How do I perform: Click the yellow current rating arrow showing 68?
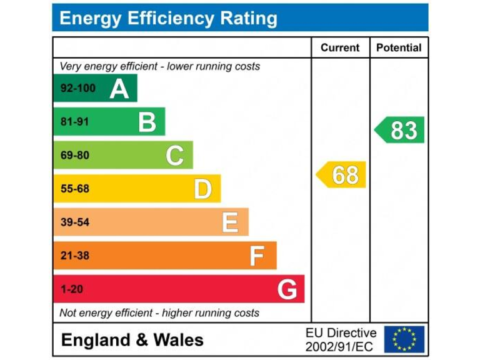342,175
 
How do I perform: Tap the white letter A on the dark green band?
119,89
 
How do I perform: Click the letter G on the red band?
287,289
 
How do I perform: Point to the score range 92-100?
78,88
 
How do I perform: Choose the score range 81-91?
74,122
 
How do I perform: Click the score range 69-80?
74,155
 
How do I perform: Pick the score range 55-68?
74,189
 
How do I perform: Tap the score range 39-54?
74,222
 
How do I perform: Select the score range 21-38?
74,256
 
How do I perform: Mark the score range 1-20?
72,289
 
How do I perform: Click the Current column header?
340,47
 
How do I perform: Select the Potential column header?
399,47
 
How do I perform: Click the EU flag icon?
404,339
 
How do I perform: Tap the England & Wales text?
132,340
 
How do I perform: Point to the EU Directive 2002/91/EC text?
341,339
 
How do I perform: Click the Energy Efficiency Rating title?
168,19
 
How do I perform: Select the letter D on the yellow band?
202,189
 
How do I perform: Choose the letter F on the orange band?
256,256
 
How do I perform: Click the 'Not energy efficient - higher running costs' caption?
159,312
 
